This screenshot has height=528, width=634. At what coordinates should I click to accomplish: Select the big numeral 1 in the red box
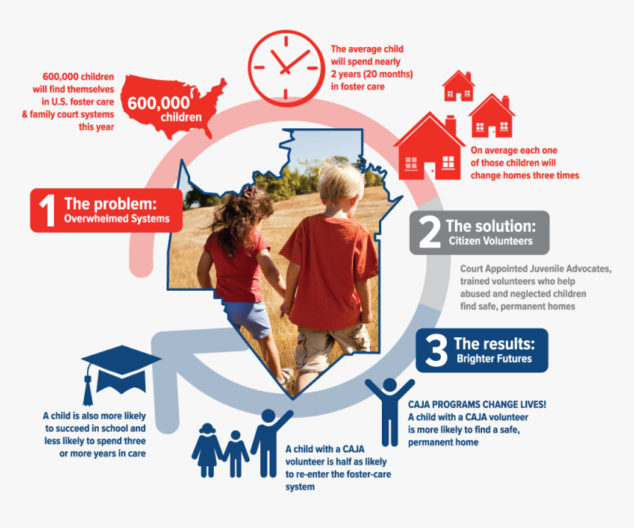point(47,209)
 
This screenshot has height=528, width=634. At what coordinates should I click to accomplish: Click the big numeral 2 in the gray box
point(429,232)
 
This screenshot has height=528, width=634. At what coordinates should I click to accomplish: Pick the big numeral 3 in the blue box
point(436,351)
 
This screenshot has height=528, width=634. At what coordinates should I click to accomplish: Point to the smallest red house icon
point(458,87)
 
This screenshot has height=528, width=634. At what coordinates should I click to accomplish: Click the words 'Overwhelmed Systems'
point(116,219)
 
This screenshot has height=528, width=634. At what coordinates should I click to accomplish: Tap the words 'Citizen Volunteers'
point(490,242)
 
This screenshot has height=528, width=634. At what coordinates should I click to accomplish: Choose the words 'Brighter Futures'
point(494,359)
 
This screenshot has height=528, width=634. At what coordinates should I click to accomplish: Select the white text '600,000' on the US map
point(158,104)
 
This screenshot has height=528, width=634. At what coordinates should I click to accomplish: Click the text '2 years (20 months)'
point(372,74)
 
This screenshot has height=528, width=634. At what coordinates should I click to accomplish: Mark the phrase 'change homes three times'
point(525,175)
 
